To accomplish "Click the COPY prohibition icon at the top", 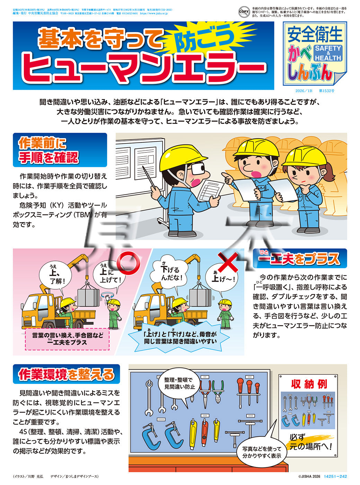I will [244, 12].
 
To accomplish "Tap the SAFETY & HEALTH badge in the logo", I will [328, 53].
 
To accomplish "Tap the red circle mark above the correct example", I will [128, 262].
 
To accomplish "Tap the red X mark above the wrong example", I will [227, 262].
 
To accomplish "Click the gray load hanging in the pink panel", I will [89, 297].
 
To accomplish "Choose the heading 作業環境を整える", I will [66, 374].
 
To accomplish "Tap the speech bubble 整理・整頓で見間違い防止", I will [179, 383].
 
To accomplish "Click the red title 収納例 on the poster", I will [309, 384].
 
